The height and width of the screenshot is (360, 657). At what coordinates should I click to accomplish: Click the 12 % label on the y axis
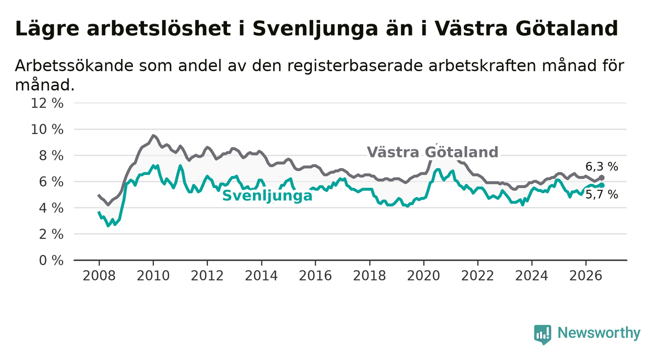47,103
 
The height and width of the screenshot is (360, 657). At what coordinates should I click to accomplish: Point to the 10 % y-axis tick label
47,129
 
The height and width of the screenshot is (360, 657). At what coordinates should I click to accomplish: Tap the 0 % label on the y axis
51,260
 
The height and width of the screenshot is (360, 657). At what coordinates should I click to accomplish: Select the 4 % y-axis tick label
51,208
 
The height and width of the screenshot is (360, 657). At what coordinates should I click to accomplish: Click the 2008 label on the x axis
99,276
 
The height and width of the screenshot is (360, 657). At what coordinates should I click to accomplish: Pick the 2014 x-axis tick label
261,276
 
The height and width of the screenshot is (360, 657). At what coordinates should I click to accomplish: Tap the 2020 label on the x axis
424,276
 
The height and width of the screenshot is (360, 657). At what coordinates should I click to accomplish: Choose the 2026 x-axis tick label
586,276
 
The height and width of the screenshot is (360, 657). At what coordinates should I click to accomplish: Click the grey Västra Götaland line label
432,152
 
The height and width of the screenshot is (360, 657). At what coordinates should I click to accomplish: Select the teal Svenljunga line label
268,196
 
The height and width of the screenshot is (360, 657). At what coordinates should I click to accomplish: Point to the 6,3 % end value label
602,167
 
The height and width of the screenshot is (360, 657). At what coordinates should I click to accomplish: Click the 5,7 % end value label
602,195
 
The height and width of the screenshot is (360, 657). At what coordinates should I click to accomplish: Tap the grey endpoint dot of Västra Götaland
602,178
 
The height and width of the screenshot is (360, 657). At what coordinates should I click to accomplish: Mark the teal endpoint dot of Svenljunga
602,185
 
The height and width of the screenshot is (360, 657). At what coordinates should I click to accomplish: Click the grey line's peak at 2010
153,135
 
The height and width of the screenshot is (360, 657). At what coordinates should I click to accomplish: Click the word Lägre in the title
47,29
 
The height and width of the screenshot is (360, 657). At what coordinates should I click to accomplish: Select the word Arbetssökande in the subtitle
74,65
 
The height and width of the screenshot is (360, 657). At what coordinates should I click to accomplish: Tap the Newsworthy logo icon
543,334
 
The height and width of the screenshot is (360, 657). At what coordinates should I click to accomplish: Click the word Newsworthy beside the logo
599,333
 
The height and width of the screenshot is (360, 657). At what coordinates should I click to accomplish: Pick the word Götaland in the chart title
566,29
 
